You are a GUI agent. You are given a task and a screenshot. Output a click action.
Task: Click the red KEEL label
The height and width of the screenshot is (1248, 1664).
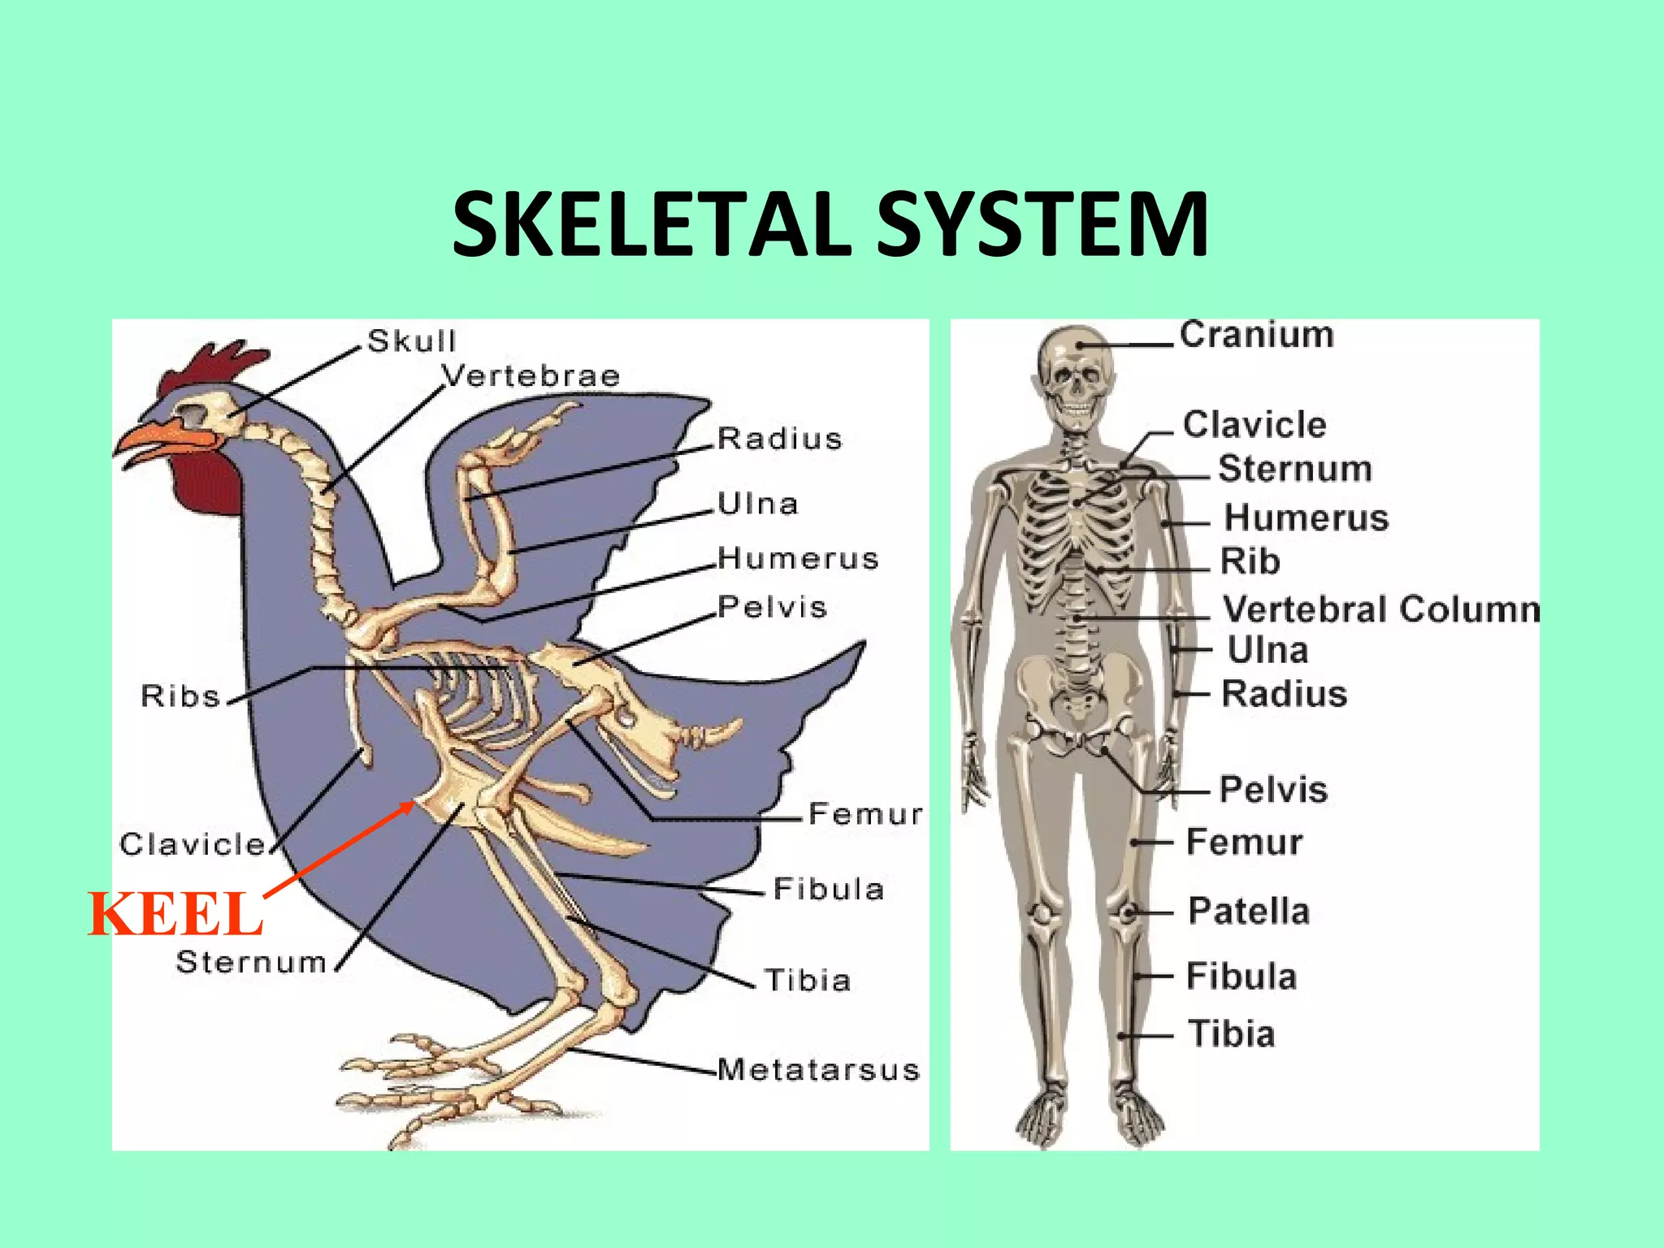175,914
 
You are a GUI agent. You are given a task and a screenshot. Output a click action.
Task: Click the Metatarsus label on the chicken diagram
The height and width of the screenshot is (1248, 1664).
818,1069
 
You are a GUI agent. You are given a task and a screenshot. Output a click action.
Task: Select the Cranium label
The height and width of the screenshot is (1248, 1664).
1256,335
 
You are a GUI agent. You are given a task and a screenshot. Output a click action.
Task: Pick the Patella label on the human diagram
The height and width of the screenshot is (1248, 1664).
1249,911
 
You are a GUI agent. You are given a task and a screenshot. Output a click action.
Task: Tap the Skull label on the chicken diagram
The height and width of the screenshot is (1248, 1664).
411,341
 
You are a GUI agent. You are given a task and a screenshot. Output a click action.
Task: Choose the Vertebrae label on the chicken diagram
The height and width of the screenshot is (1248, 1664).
531,375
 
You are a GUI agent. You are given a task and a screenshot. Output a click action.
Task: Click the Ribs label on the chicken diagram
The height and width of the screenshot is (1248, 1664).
180,695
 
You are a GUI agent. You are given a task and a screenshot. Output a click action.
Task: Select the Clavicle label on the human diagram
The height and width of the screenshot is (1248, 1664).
1254,424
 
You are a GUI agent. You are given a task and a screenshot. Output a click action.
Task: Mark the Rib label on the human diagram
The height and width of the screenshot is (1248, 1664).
1250,561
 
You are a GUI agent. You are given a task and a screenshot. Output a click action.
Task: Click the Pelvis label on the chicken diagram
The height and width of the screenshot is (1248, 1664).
772,607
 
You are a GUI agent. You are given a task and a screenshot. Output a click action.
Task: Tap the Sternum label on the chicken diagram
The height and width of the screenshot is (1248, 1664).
251,962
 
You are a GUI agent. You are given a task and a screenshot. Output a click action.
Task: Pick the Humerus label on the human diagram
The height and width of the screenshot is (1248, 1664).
1306,518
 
